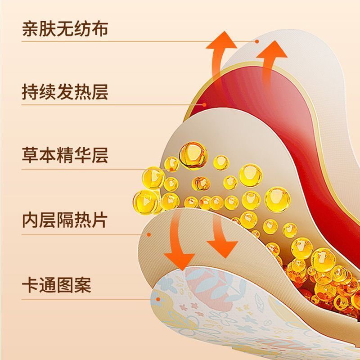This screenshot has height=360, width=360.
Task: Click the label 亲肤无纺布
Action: (x=65, y=29)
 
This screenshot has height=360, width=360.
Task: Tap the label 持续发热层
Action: (x=65, y=92)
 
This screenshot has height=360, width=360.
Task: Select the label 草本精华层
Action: (x=65, y=155)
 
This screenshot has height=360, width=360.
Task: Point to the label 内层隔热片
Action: (x=65, y=220)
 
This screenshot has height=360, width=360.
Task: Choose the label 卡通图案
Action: (x=57, y=285)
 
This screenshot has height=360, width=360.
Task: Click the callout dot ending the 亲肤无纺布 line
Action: (x=257, y=41)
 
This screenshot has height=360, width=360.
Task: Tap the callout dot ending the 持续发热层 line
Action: (x=204, y=105)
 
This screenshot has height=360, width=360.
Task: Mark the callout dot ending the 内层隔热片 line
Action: (x=149, y=234)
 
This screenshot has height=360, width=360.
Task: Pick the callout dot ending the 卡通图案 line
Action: (x=158, y=299)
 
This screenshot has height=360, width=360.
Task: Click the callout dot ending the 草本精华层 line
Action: (x=171, y=170)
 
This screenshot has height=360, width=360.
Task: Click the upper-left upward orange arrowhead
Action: (x=221, y=40)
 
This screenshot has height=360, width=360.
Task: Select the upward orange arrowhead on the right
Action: (x=272, y=49)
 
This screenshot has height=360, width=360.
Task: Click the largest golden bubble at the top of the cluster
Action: (x=193, y=155)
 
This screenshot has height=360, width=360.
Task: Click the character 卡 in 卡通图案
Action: (x=30, y=285)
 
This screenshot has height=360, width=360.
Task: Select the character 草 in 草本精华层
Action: (x=30, y=155)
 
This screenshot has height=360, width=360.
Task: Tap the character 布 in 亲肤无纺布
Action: (x=100, y=29)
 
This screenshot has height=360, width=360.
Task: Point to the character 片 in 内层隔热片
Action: (x=100, y=220)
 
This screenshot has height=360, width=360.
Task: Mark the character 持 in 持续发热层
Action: (x=30, y=92)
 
